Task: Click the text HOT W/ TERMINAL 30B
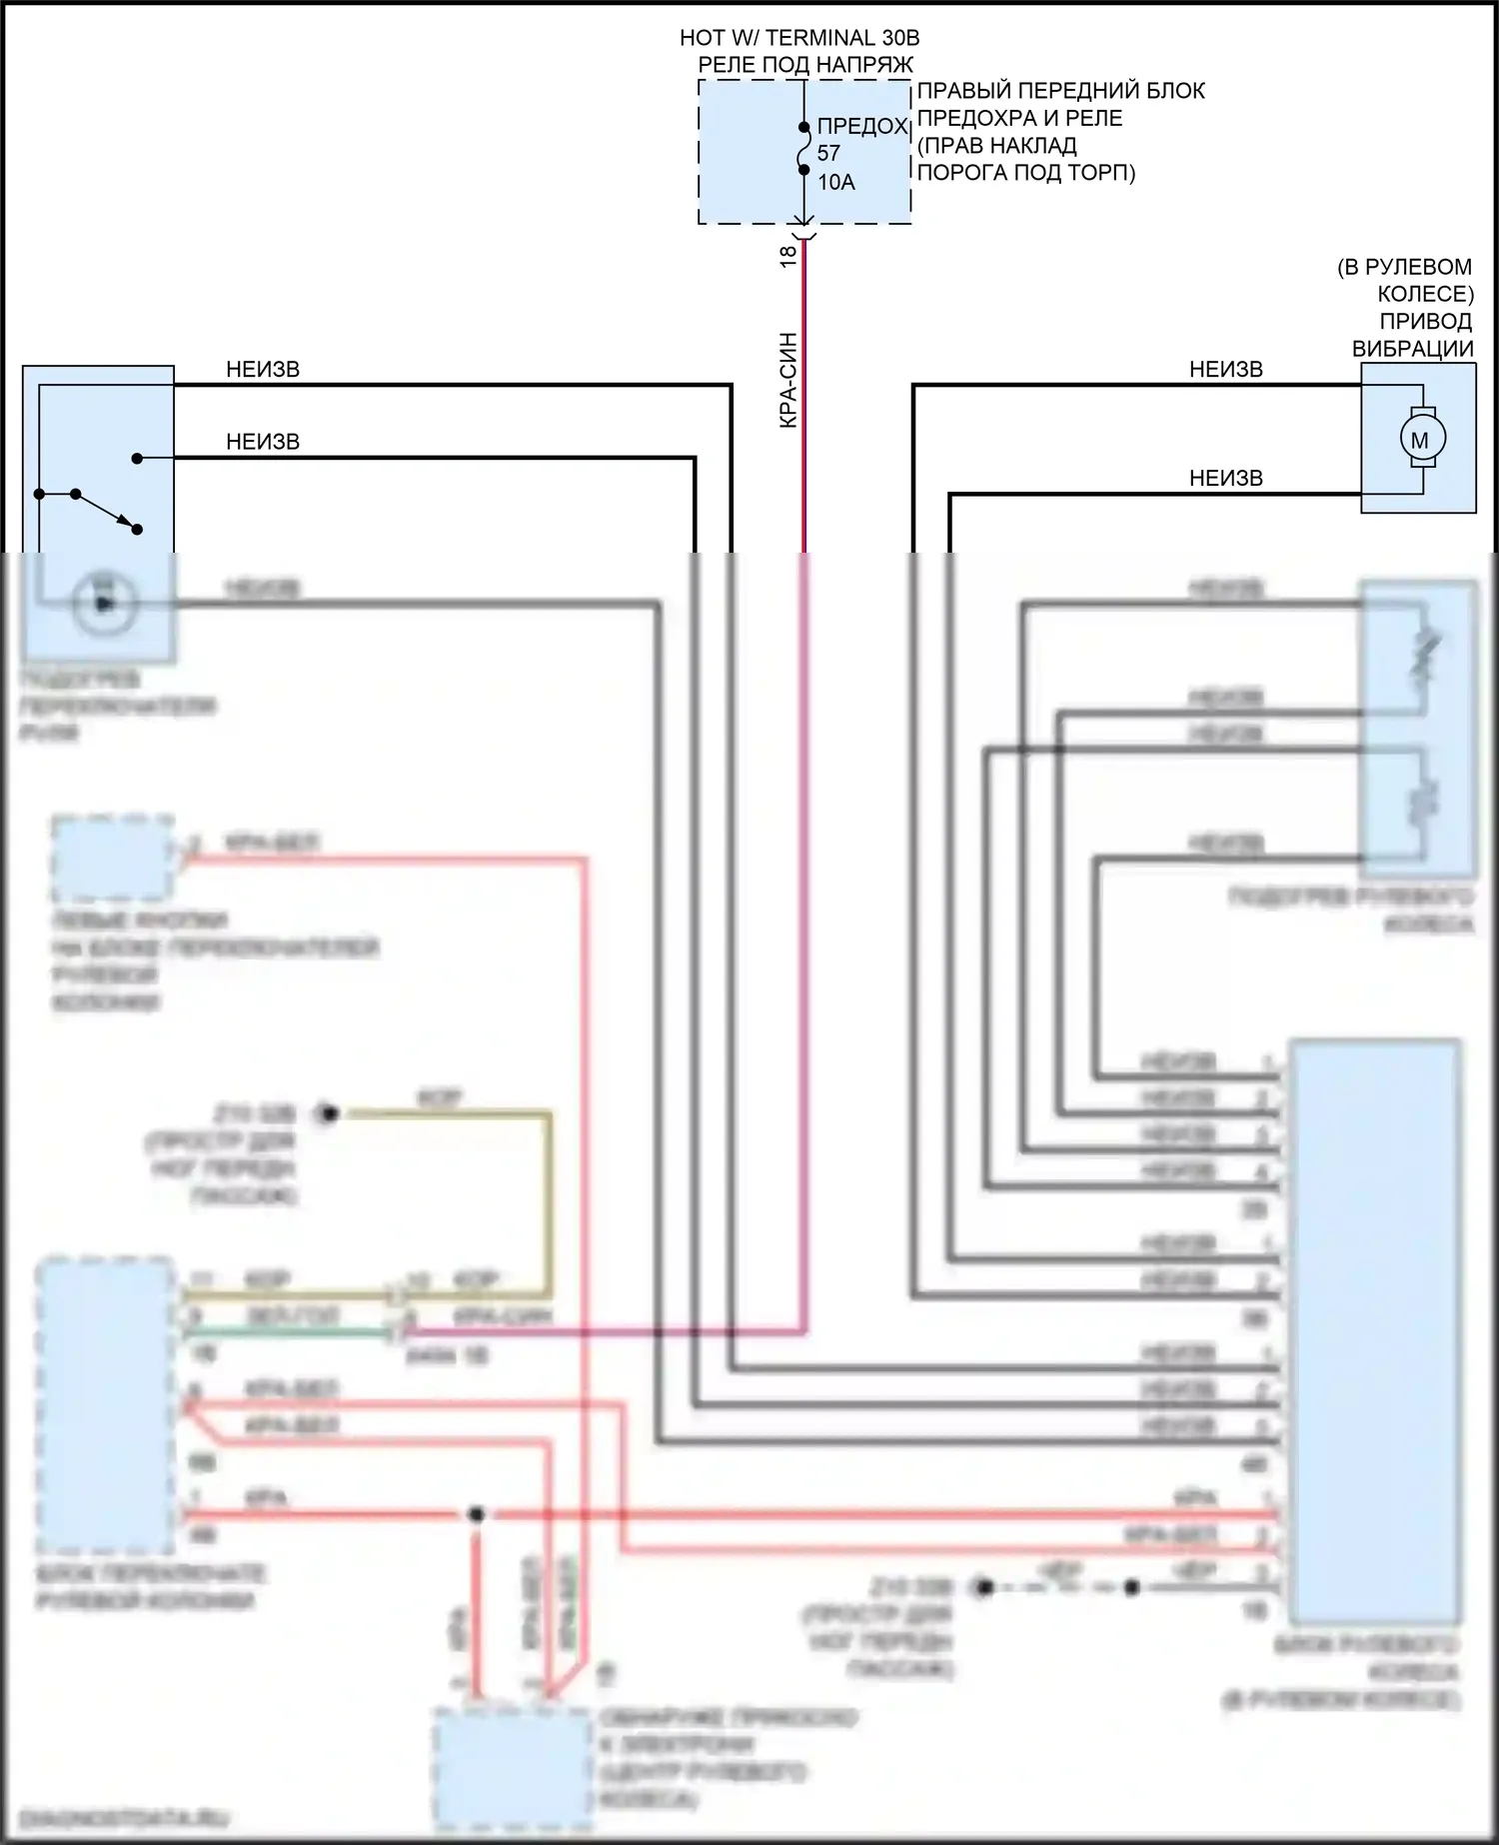pos(799,38)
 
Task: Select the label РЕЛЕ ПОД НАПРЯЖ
pos(805,65)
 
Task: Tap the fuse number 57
pos(828,154)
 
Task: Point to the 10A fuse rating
pos(836,182)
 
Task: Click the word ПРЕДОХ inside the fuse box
pos(861,127)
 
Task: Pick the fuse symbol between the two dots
pos(803,149)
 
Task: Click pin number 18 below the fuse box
pos(788,256)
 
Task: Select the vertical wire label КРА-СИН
pos(788,381)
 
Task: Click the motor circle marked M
pos(1419,439)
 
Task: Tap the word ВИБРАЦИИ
pos(1412,349)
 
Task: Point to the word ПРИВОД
pos(1425,321)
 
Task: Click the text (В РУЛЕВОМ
pos(1404,267)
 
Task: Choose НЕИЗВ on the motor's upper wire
pos(1225,370)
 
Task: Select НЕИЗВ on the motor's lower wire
pos(1225,479)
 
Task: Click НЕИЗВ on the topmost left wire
pos(263,370)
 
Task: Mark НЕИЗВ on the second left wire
pos(263,442)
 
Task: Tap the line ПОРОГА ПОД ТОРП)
pos(1026,172)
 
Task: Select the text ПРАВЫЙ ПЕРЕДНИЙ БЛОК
pos(1061,91)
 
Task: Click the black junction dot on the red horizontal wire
pos(477,1514)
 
